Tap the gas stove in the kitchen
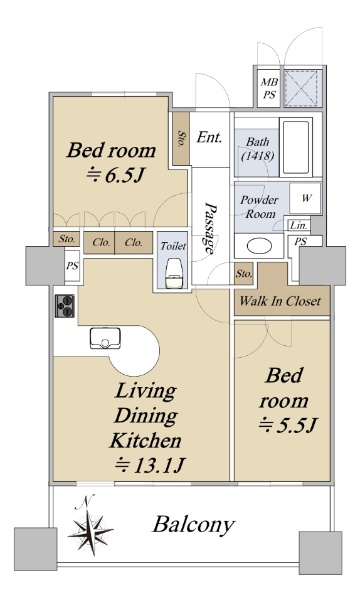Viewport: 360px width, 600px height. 65,306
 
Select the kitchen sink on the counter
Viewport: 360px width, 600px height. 105,338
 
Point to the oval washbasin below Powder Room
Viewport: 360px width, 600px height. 259,246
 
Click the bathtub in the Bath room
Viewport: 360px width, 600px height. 296,147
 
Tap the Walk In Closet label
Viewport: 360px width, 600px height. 280,301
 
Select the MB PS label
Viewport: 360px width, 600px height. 269,88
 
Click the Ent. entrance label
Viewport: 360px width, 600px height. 209,137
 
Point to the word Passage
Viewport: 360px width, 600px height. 210,228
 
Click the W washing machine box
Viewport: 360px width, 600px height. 305,198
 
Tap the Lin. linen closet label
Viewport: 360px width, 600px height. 298,225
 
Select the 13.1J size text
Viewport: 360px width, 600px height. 150,465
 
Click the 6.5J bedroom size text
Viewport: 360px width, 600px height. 115,175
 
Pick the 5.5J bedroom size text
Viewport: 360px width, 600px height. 288,424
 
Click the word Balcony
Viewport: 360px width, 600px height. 194,525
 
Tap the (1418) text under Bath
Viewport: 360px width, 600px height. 257,156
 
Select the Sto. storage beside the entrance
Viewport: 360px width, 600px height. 181,139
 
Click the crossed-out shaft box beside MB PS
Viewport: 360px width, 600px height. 302,88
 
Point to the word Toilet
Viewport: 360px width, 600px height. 173,246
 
